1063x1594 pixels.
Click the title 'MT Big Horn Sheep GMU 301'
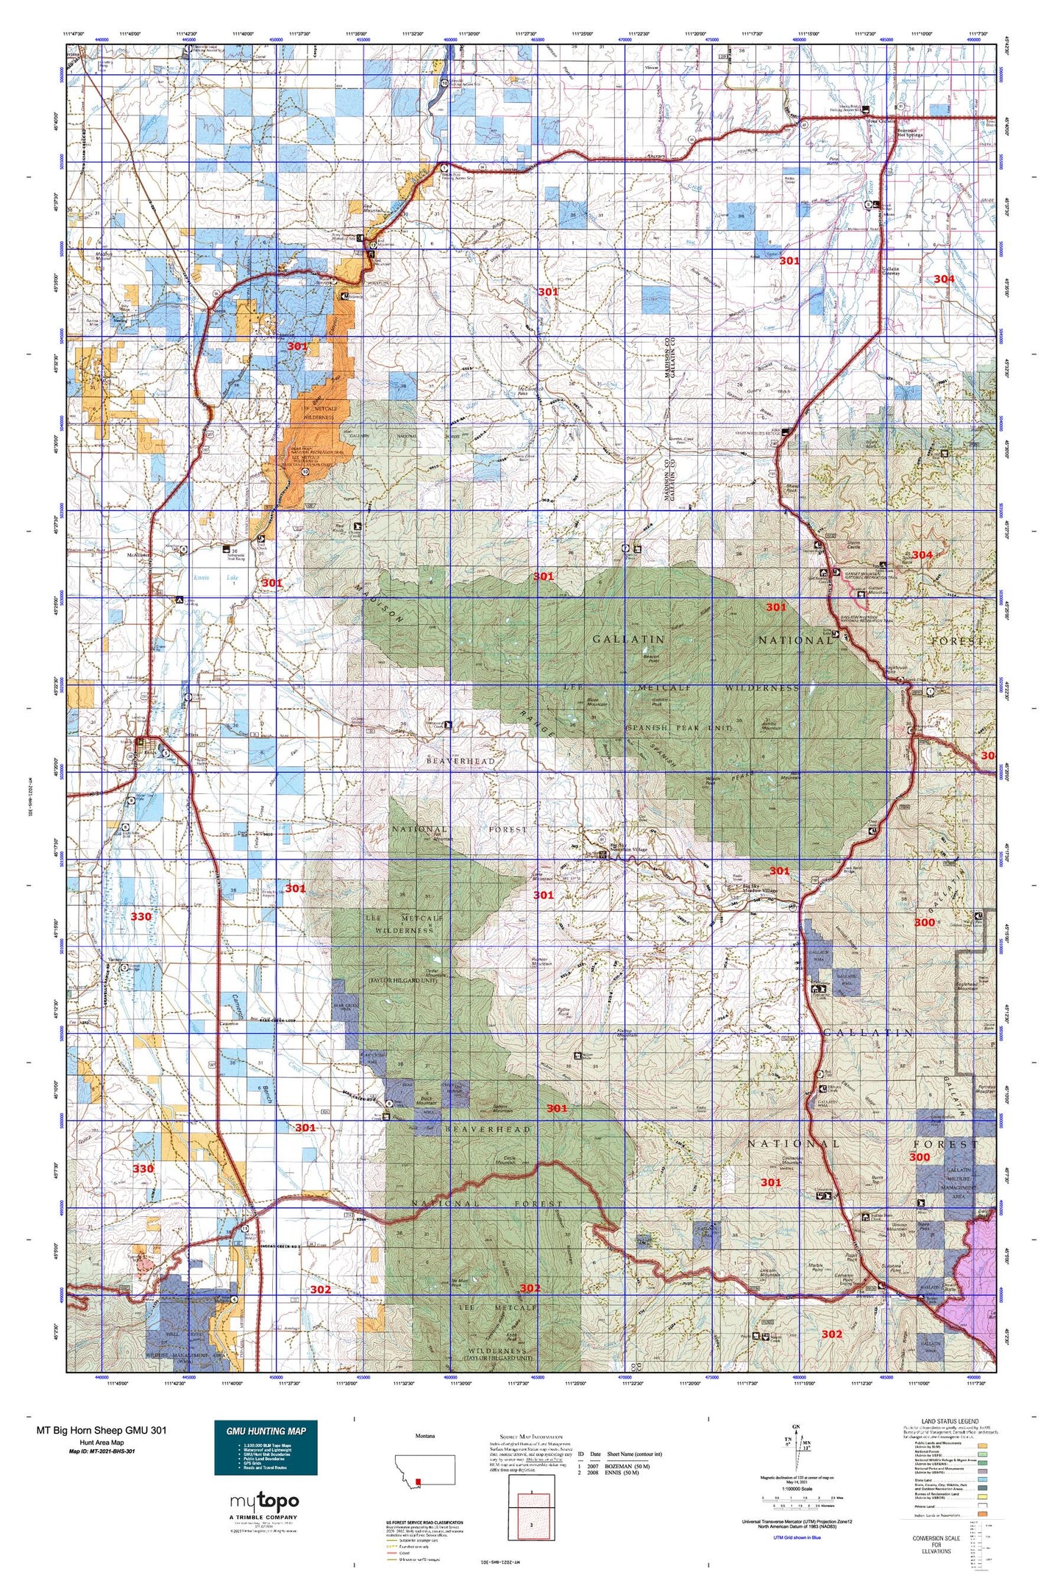click(x=101, y=1430)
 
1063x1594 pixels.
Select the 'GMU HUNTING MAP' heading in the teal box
click(x=266, y=1431)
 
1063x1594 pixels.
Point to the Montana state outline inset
click(x=424, y=1469)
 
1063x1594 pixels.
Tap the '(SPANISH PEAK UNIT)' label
click(x=678, y=727)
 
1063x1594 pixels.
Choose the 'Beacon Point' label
click(x=657, y=660)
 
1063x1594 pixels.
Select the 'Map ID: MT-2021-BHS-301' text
click(x=102, y=1452)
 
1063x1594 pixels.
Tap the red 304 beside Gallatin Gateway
click(x=944, y=279)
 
